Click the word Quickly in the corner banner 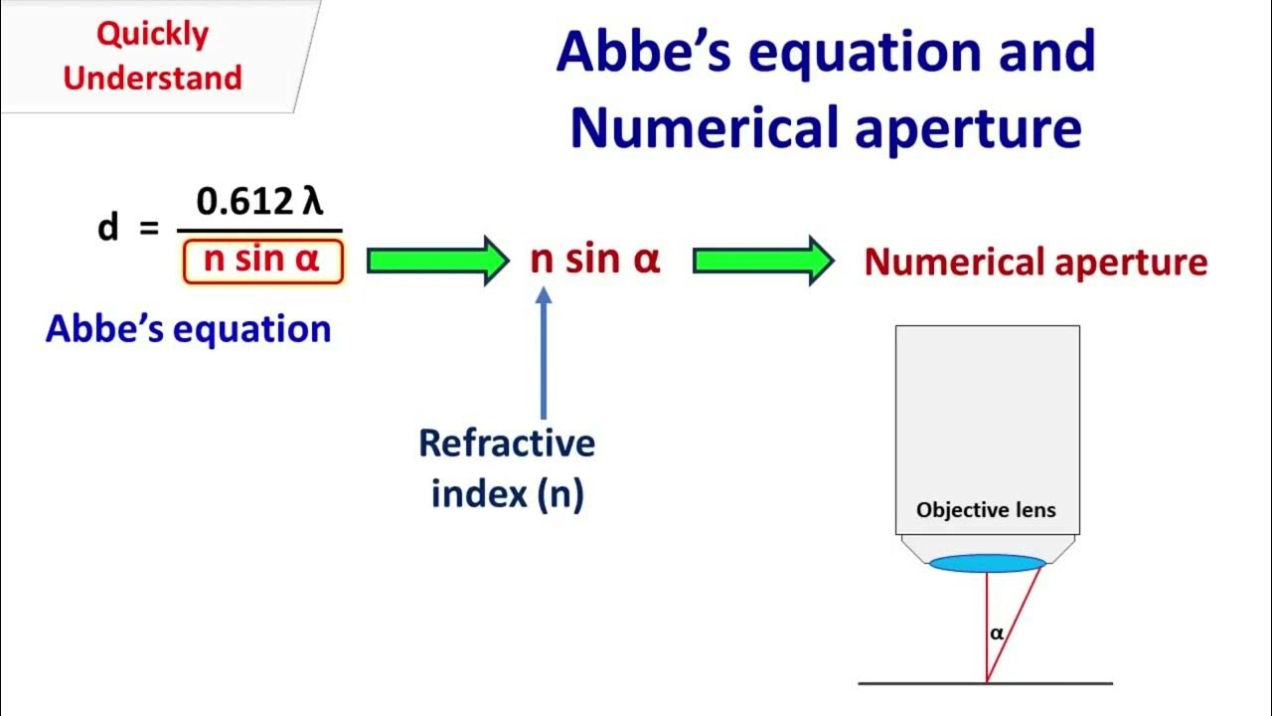pos(152,34)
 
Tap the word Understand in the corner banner pos(152,78)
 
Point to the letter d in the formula pos(107,228)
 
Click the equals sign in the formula pos(148,229)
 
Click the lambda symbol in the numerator pos(313,201)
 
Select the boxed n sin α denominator pos(263,262)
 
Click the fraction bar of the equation pos(262,232)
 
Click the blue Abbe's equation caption pos(188,328)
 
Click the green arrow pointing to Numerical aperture pos(763,261)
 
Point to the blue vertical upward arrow pos(543,353)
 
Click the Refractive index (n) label pos(507,467)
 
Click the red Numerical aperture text pos(1035,263)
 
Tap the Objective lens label pos(986,511)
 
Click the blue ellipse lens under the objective pos(987,564)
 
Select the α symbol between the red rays pos(997,632)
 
